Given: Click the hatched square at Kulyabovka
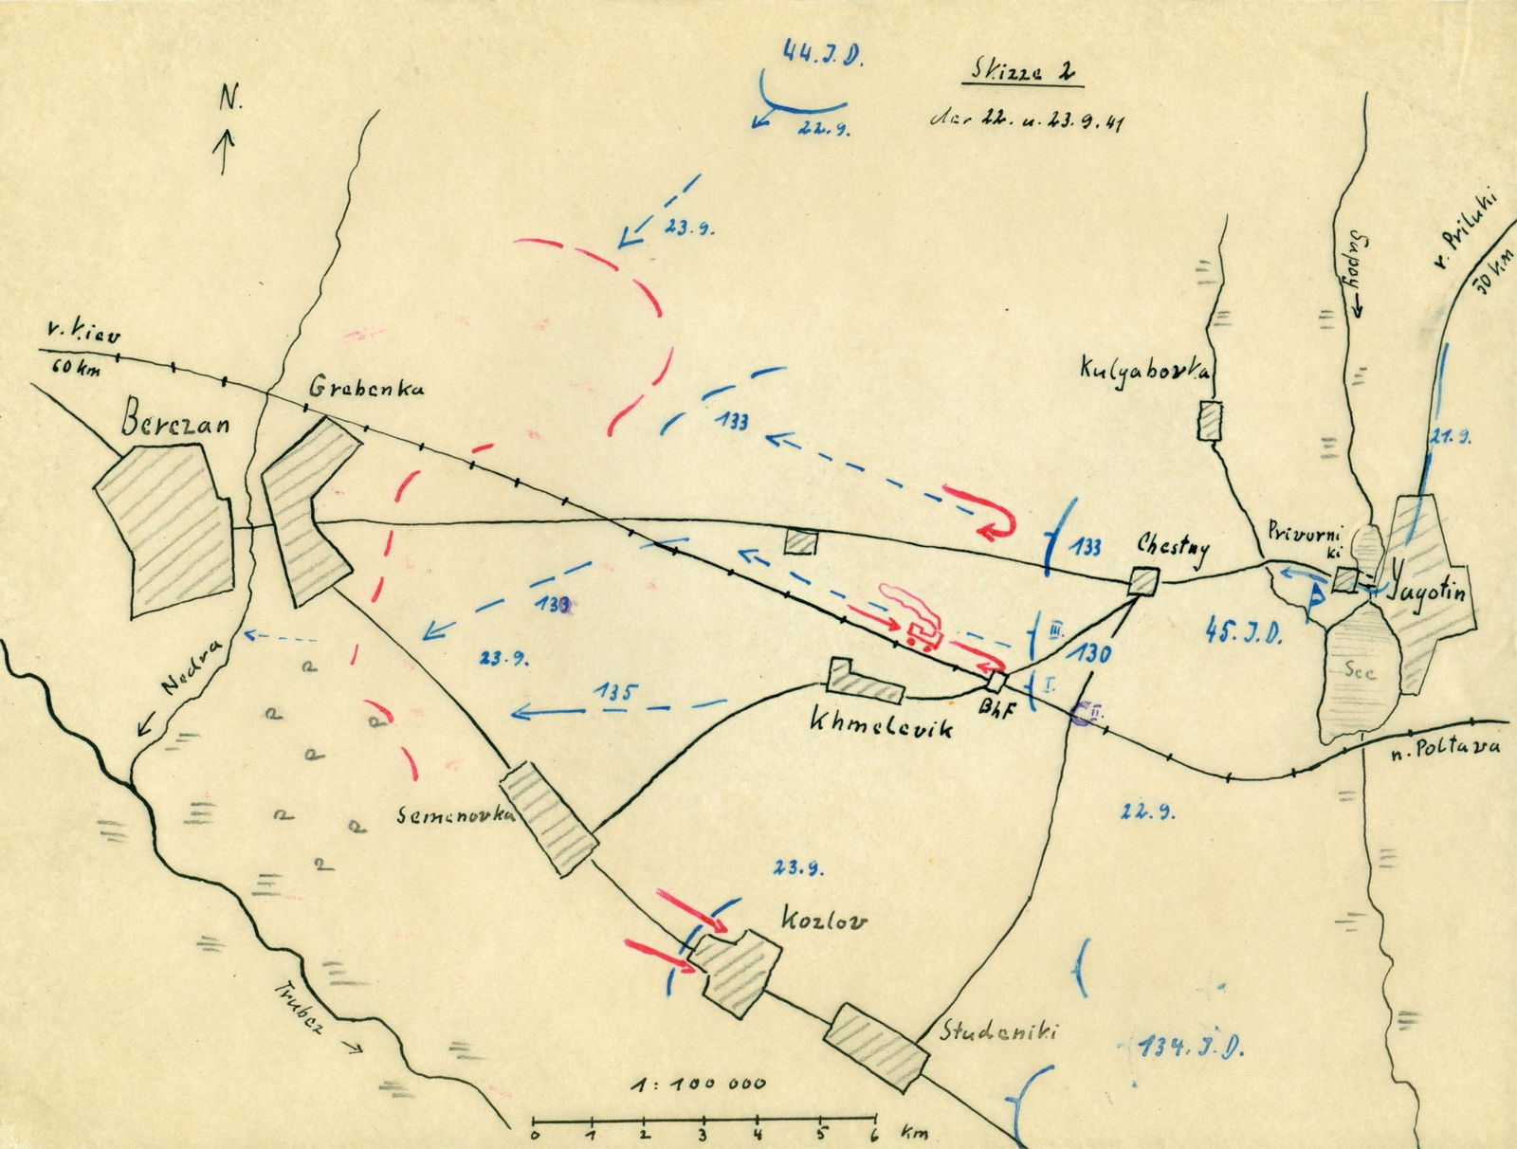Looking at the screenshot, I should (1209, 420).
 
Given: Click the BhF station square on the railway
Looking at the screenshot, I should (996, 682).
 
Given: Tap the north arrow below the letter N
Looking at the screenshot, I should (226, 153).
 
